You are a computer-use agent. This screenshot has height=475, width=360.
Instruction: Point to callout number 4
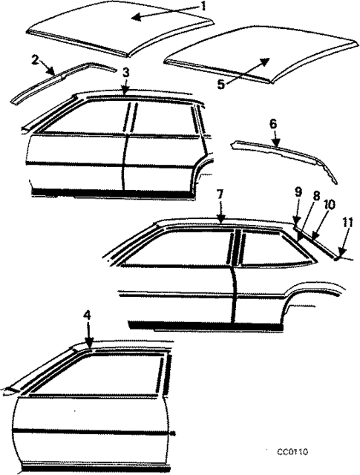coord(87,315)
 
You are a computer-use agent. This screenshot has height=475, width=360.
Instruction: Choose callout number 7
coord(220,194)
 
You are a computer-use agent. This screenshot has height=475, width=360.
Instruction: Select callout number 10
coord(329,204)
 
